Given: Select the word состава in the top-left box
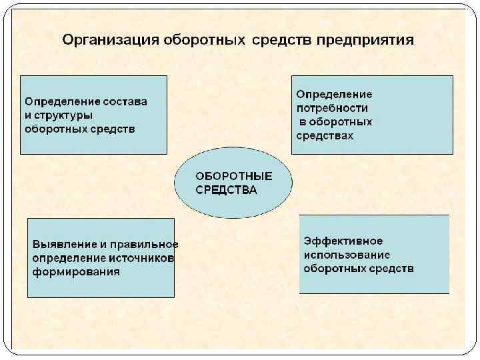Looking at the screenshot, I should click(125, 102).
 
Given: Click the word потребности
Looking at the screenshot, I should click(332, 108).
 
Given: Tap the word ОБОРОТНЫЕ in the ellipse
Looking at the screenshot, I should click(233, 177).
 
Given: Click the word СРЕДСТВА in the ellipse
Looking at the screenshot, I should click(226, 190).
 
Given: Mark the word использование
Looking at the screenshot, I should click(347, 255).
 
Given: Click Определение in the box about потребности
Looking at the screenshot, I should click(334, 95).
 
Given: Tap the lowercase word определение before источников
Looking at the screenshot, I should click(69, 258).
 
